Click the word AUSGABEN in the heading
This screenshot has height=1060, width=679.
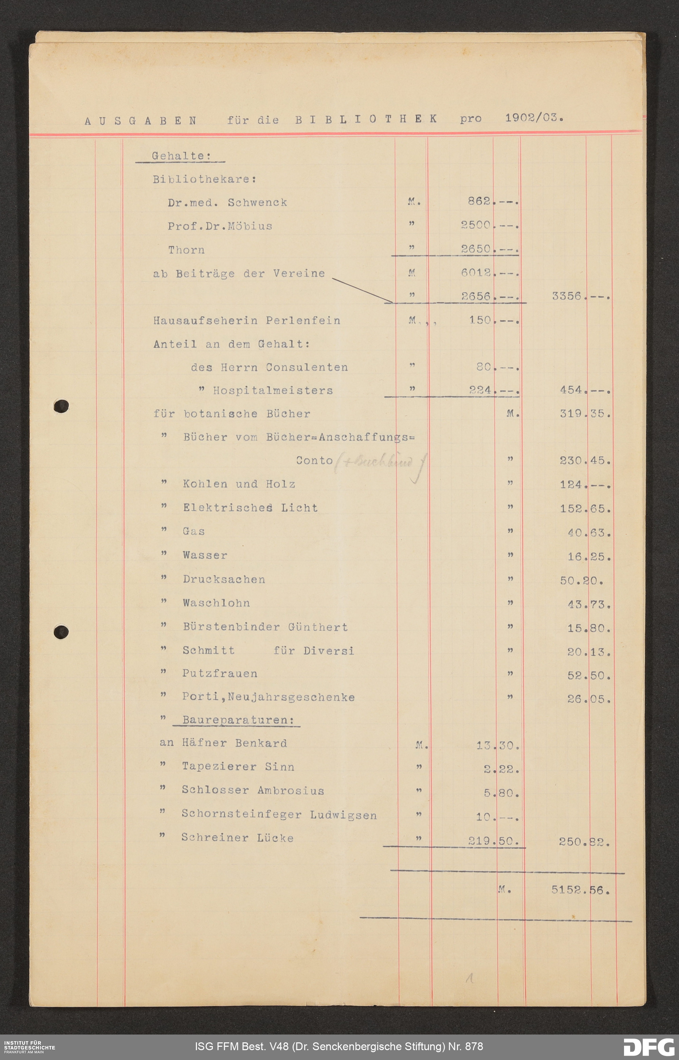point(141,121)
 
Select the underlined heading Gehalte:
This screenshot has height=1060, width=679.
point(181,156)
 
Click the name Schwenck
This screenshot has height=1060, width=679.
point(257,202)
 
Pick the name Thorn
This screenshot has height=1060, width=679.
point(186,250)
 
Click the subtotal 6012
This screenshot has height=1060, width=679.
point(476,273)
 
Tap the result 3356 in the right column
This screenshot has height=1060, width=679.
point(567,296)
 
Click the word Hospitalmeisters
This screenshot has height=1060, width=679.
point(273,390)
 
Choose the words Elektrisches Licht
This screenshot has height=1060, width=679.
point(250,508)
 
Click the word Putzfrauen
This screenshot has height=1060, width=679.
point(220,673)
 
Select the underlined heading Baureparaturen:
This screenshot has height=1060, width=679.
point(238,720)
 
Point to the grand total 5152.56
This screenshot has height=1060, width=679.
point(580,890)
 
